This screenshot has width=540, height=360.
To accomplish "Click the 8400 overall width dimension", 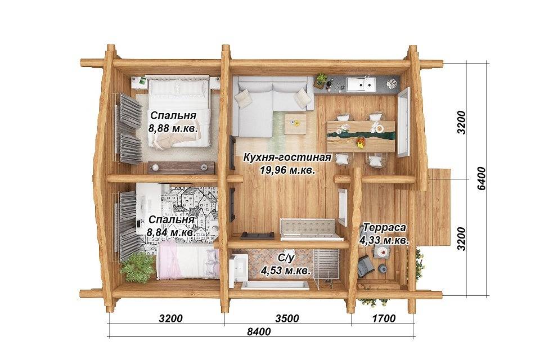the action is (x=259, y=332).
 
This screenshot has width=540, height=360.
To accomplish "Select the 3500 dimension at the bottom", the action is (x=287, y=318).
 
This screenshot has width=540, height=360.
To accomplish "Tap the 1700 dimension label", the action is (x=384, y=318).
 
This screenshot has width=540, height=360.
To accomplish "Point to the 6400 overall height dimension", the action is (x=481, y=178).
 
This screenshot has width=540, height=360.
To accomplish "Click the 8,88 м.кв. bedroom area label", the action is (x=173, y=129).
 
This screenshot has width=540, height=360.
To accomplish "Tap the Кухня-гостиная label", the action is (x=287, y=157).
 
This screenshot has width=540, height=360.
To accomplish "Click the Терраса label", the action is (x=384, y=228).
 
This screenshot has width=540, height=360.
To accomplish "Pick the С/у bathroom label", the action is (x=286, y=257).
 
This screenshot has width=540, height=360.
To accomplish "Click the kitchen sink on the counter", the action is (x=361, y=84).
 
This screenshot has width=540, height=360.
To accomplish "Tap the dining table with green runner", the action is (x=361, y=136).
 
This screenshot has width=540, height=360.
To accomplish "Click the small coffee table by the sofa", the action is (x=295, y=124).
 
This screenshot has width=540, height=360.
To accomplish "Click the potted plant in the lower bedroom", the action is (x=138, y=267).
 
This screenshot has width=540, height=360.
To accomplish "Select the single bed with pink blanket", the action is (x=188, y=259).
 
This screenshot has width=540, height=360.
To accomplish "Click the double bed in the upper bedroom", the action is (x=178, y=111).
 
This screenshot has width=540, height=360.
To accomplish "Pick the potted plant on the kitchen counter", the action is (x=321, y=79).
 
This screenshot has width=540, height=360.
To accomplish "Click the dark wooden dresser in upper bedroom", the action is (x=181, y=168).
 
